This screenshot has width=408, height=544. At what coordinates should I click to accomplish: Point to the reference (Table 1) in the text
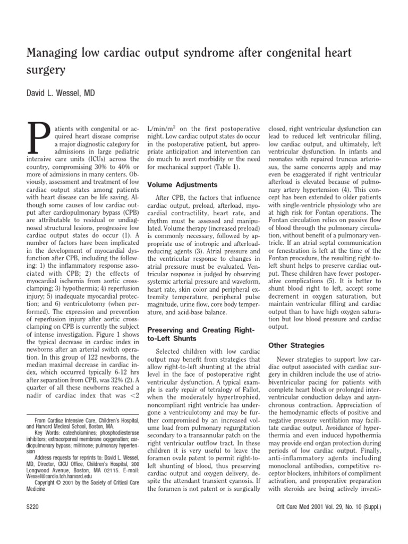click(226, 167)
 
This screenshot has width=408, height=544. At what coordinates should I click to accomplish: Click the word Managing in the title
click(50, 53)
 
